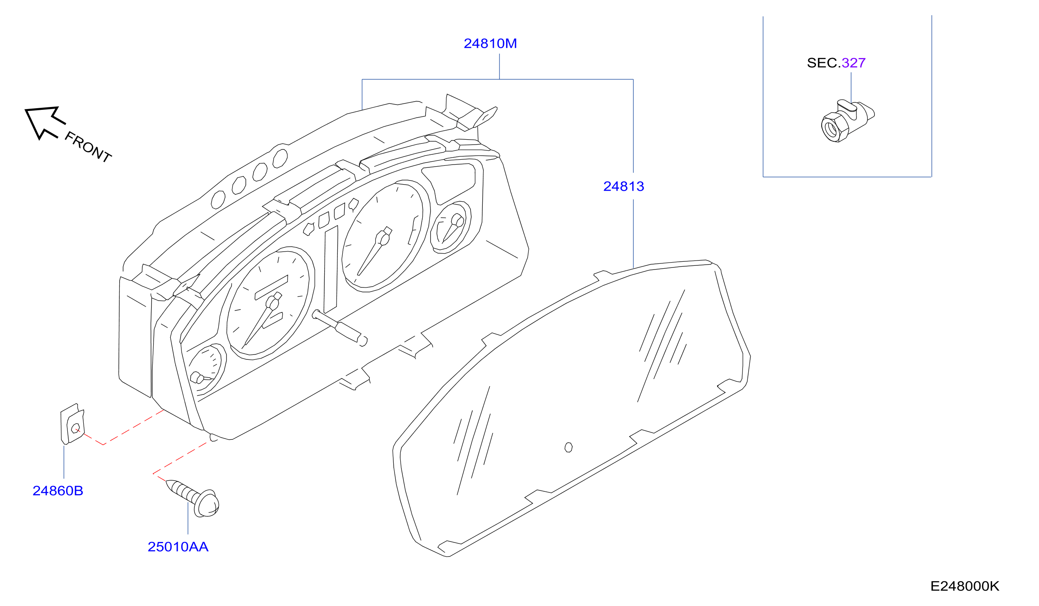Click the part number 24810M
[490, 44]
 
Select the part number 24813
[623, 186]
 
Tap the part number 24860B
[58, 490]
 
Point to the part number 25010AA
[178, 547]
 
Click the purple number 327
[854, 63]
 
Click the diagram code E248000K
[965, 586]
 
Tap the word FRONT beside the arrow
[88, 147]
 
